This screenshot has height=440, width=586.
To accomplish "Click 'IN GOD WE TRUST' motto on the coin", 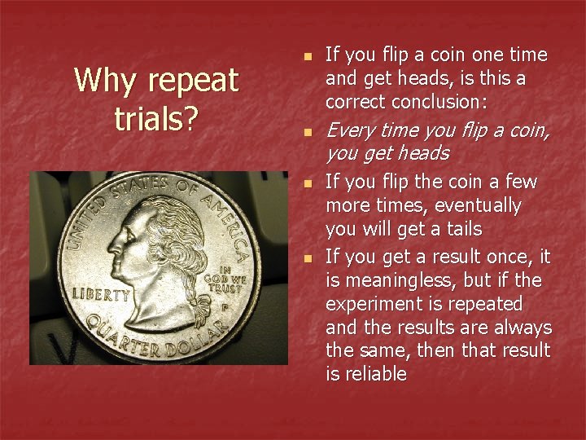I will point(232,280).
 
